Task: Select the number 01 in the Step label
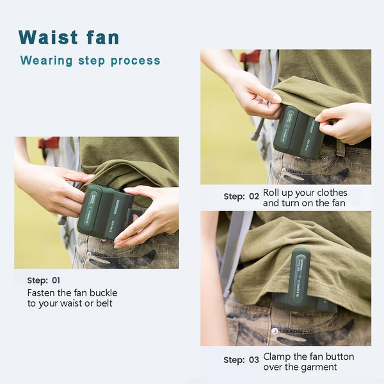click(x=56, y=280)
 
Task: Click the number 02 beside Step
click(x=254, y=196)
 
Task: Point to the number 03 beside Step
click(x=254, y=360)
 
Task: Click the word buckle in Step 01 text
click(x=103, y=293)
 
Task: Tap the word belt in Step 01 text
click(x=104, y=303)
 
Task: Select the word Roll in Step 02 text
click(x=271, y=193)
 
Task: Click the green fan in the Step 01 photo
click(x=106, y=211)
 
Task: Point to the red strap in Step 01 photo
click(x=49, y=143)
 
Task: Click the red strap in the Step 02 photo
click(x=250, y=56)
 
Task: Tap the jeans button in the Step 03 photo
click(x=275, y=332)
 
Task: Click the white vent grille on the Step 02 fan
click(x=313, y=129)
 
